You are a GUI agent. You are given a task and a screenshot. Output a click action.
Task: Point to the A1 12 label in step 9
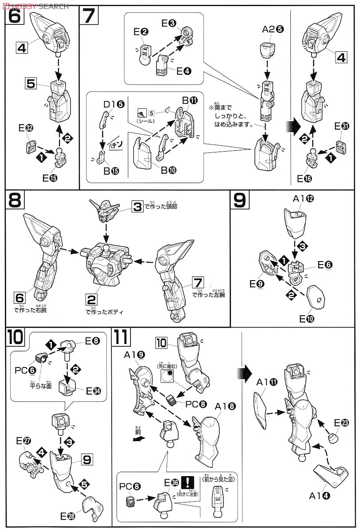[x=303, y=199]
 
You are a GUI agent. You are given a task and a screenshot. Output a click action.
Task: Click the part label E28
[x=67, y=516]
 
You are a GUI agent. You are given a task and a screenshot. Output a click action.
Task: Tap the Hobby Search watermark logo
[x=35, y=5]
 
